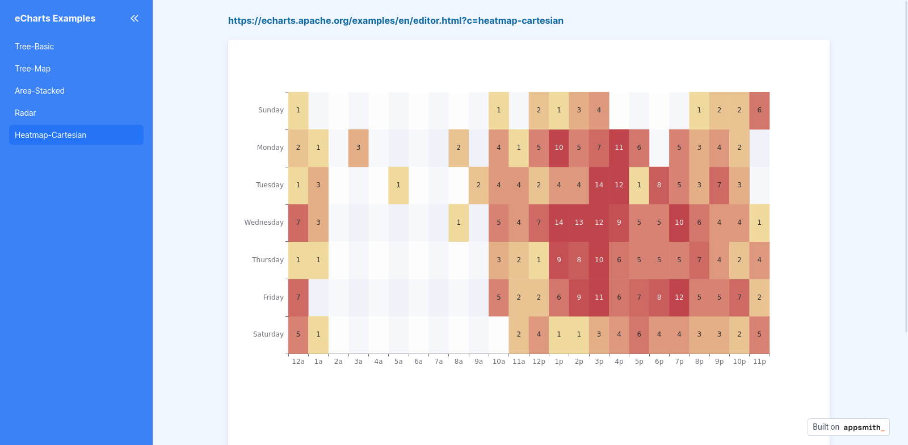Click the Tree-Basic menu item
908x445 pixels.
click(35, 47)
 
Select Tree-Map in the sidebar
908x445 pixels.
click(33, 69)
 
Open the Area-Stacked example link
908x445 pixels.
click(40, 91)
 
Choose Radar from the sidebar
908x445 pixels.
click(26, 113)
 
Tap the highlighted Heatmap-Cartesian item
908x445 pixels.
click(51, 135)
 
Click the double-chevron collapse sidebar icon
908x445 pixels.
click(134, 18)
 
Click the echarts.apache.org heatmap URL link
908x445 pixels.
click(396, 20)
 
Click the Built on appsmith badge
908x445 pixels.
click(848, 427)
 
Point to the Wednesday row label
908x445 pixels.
click(264, 222)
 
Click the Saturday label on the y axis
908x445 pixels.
click(268, 334)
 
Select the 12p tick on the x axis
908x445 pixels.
click(539, 362)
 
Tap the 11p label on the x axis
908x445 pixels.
click(759, 362)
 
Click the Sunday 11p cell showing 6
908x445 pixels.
click(759, 110)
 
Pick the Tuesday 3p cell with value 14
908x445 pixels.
click(599, 185)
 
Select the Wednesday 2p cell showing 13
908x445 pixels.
click(579, 222)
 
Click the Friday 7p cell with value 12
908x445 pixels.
click(679, 297)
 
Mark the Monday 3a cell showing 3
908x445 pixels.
click(358, 148)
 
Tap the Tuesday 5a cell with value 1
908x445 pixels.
click(398, 185)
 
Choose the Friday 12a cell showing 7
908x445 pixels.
click(298, 297)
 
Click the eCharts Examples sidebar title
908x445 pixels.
click(55, 18)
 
